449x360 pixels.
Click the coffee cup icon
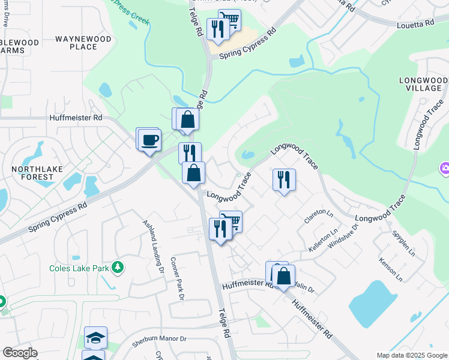pos(149,140)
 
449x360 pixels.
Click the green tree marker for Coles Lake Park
pos(119,267)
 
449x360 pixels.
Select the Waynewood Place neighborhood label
pos(83,43)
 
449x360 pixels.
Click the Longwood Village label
pos(420,84)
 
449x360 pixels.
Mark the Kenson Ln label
pos(391,270)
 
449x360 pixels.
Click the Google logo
pos(20,353)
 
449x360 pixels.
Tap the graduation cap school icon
pos(96,338)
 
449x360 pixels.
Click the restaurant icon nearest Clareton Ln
pos(284,179)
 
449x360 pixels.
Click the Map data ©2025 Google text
pos(412,355)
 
